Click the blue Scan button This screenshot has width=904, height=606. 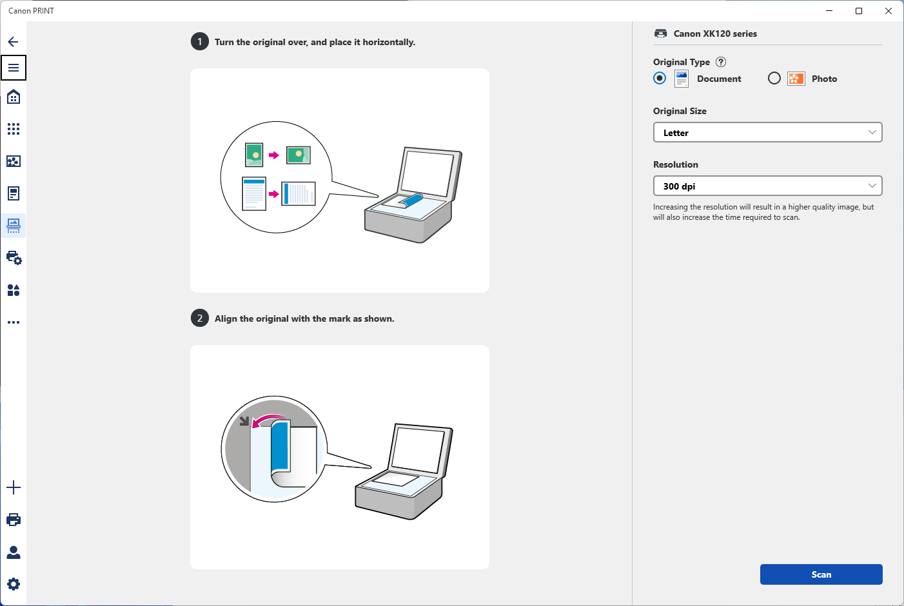coord(821,574)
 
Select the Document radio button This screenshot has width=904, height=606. coord(660,78)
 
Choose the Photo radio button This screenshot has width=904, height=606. coord(774,78)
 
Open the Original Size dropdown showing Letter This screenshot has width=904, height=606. coord(767,133)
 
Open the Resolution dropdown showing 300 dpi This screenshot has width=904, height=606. coord(767,186)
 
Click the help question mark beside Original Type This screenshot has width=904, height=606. coord(721,62)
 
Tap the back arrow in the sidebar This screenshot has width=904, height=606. coord(13,42)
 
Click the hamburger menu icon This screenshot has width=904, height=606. coord(14,68)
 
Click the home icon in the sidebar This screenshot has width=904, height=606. coord(14,97)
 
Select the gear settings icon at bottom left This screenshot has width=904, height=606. coord(14,584)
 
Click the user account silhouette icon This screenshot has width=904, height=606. coord(14,552)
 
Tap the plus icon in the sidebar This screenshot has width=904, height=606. coord(14,487)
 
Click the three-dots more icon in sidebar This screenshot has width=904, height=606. coord(14,322)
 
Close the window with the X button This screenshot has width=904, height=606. coord(889,11)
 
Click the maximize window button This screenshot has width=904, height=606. coord(859,11)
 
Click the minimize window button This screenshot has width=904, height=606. coord(829,11)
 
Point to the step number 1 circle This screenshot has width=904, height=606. coord(200,42)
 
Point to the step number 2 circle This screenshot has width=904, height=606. coord(200,318)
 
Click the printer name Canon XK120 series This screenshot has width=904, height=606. coord(715,34)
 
